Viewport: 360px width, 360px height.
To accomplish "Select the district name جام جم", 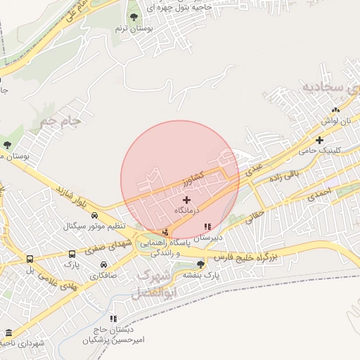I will (x=60, y=122).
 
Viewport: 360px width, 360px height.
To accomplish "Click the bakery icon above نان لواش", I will (x=335, y=110).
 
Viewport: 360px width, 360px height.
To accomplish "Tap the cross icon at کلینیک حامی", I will (x=319, y=140).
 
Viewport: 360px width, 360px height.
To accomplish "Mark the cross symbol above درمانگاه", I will (x=186, y=200).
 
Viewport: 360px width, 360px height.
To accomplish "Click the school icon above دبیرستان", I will (x=207, y=226).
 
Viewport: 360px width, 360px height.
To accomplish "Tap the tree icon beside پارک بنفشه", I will (x=201, y=264).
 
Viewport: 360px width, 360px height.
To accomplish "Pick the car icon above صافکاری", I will (x=104, y=265).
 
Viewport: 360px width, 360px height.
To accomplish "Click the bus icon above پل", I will (x=30, y=259).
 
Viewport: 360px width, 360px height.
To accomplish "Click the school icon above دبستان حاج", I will (x=113, y=319).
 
